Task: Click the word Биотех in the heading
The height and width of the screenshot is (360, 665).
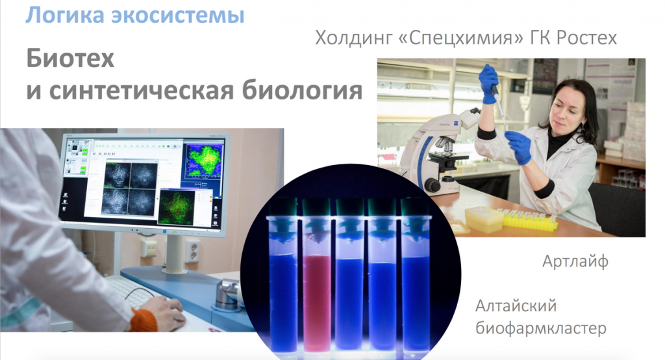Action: point(70,60)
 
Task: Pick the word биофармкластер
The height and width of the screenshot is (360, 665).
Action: point(540,328)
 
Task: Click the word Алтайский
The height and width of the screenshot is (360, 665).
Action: point(516,305)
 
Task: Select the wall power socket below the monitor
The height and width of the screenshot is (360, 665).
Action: point(191,250)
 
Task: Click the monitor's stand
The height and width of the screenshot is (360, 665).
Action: point(175,257)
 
